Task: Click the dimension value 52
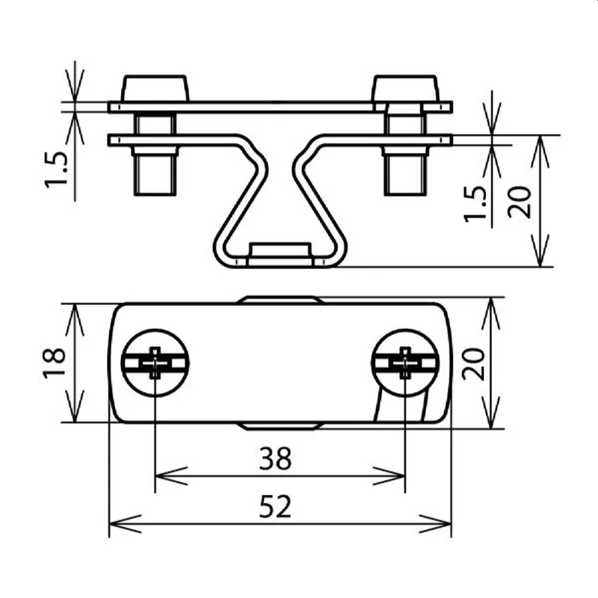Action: (275, 507)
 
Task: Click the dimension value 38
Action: (275, 458)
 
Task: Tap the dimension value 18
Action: (54, 363)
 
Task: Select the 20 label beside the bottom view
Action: (473, 364)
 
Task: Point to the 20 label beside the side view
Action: (519, 202)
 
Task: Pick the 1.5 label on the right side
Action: (475, 204)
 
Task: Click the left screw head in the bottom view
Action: (155, 363)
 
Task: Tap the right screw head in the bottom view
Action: (405, 363)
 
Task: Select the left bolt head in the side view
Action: (155, 88)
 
